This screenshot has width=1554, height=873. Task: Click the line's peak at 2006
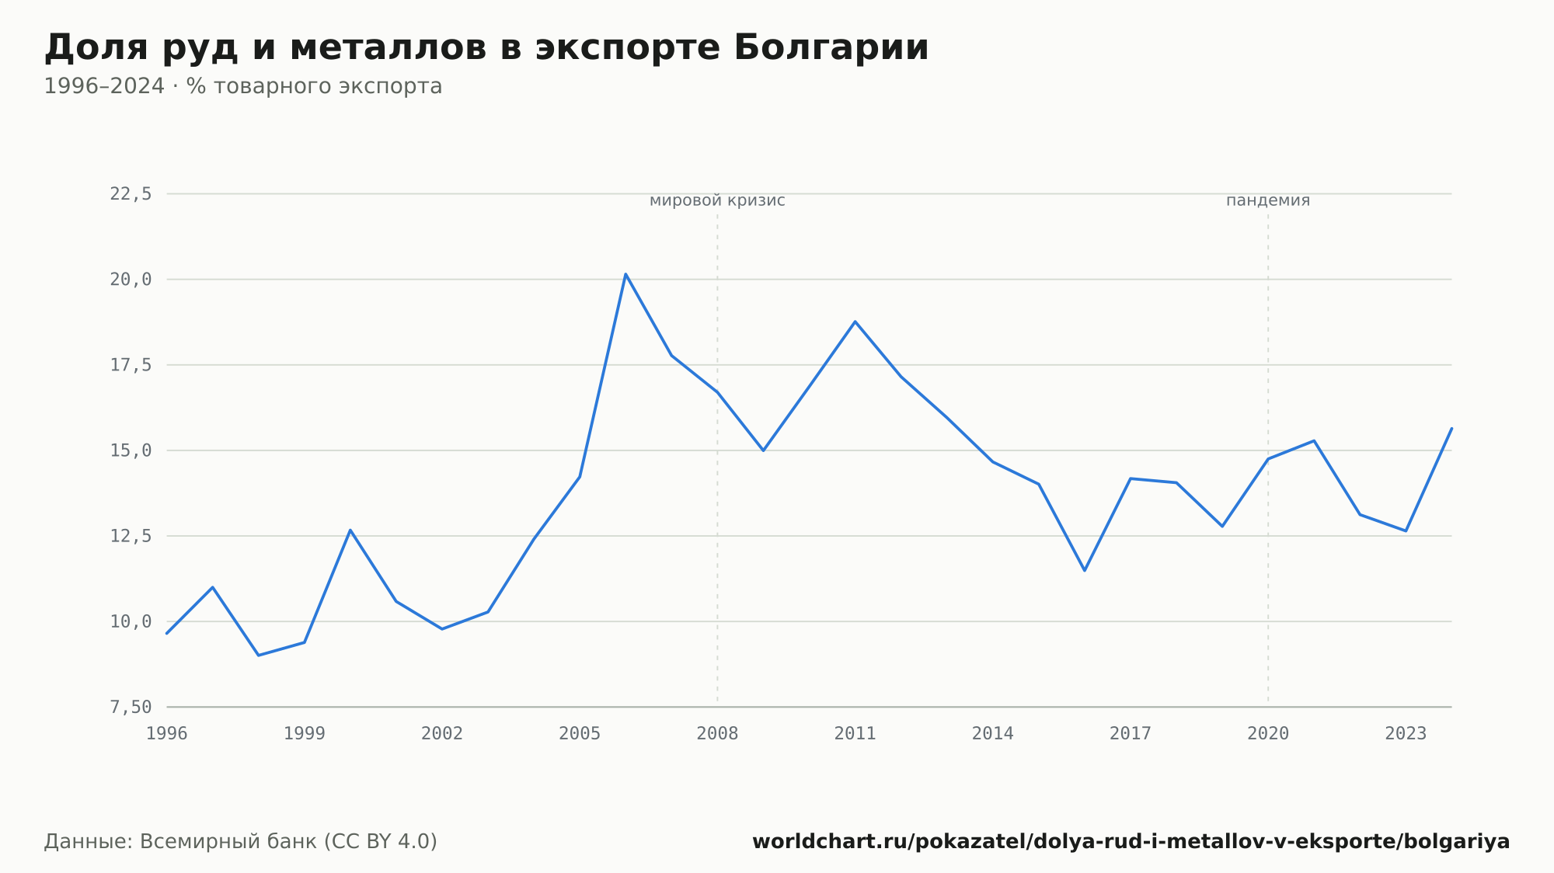(x=625, y=274)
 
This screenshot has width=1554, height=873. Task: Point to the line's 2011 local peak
(x=855, y=322)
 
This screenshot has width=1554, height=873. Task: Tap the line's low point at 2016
(x=1085, y=570)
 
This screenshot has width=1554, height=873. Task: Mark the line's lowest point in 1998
(x=258, y=655)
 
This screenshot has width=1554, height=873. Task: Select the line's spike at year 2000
(x=350, y=530)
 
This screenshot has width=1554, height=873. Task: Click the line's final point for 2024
(x=1451, y=429)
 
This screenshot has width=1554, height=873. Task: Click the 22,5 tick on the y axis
(x=131, y=194)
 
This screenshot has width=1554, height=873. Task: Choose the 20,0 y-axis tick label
(x=131, y=280)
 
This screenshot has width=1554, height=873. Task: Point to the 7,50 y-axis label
(x=131, y=707)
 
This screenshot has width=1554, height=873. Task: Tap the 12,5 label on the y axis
(x=131, y=536)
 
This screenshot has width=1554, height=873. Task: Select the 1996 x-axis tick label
(x=167, y=734)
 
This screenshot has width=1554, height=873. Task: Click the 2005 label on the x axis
(x=580, y=734)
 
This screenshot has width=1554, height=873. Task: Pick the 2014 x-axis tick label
(x=993, y=734)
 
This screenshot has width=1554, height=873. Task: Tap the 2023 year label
(x=1406, y=734)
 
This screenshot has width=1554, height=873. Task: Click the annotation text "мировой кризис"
(x=717, y=201)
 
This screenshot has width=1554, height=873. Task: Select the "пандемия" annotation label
(x=1268, y=201)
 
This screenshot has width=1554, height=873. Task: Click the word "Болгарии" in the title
(x=831, y=48)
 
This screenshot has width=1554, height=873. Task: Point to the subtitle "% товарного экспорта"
(x=314, y=86)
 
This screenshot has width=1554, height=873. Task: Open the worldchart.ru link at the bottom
(x=1131, y=842)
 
